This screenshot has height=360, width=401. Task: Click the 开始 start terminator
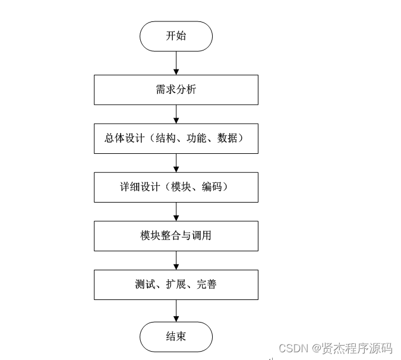coord(176,36)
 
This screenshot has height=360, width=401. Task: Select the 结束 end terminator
coord(176,336)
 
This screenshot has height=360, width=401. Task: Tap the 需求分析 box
coord(176,90)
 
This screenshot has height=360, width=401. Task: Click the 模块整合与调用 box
coord(176,236)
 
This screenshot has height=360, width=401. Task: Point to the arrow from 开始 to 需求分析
coord(176,62)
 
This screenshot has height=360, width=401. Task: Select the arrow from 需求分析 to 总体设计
coord(176,113)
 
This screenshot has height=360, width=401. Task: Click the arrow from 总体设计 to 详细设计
coord(176,162)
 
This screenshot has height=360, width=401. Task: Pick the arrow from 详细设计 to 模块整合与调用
coord(176,211)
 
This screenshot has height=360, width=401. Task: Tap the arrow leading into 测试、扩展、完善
coord(176,260)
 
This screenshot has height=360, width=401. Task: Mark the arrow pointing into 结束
coord(176,310)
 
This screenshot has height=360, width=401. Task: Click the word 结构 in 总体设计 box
coord(165,138)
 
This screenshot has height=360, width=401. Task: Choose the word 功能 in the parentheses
coord(197,138)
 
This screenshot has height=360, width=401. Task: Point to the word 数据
coord(228,138)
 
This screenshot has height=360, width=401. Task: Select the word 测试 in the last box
coord(144,285)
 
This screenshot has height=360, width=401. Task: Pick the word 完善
coord(207,285)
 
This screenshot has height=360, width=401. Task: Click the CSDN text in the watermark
coord(292,348)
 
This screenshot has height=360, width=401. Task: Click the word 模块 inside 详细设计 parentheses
coord(181,187)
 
